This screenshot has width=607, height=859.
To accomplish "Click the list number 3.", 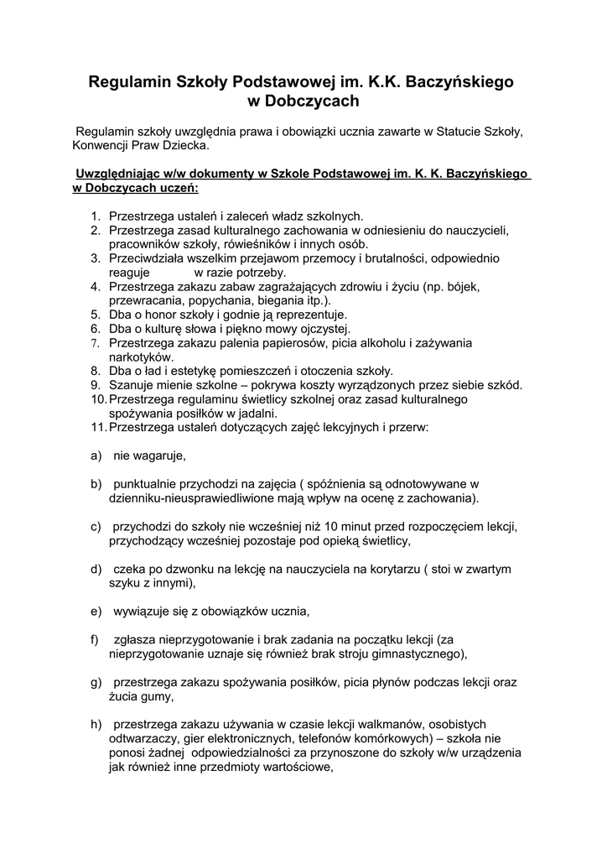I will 96,258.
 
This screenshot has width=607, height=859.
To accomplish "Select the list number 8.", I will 96,371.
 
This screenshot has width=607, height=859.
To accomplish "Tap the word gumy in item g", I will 158,695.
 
